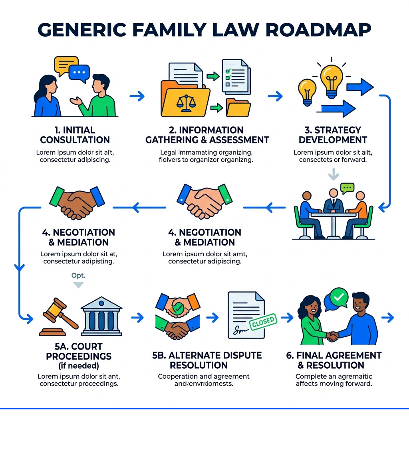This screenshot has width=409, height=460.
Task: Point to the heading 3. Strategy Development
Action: click(x=333, y=135)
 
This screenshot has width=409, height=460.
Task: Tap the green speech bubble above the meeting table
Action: click(x=347, y=188)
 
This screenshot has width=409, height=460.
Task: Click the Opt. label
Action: click(x=78, y=275)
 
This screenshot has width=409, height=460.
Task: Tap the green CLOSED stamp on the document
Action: click(x=263, y=321)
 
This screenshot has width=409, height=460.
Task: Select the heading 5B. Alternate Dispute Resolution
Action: click(x=207, y=360)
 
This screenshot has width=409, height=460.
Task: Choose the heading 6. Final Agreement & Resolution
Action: click(x=334, y=360)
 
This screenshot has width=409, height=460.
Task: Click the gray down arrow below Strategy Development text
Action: click(x=333, y=174)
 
